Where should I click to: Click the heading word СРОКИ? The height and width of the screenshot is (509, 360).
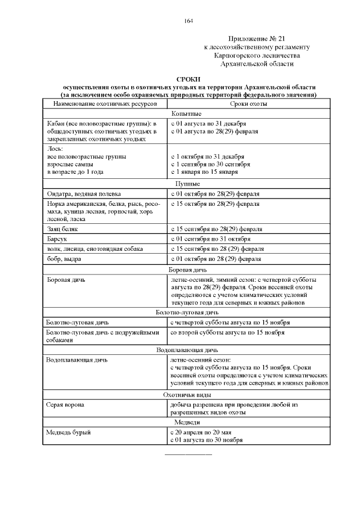pos(188,80)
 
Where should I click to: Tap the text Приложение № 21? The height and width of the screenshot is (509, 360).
pos(256,37)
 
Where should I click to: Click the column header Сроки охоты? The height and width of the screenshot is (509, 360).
pos(248,104)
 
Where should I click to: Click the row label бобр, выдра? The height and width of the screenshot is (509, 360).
pos(64,259)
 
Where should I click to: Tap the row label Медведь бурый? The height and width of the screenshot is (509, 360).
pos(68,433)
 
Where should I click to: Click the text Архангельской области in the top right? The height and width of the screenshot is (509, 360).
pos(256,64)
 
